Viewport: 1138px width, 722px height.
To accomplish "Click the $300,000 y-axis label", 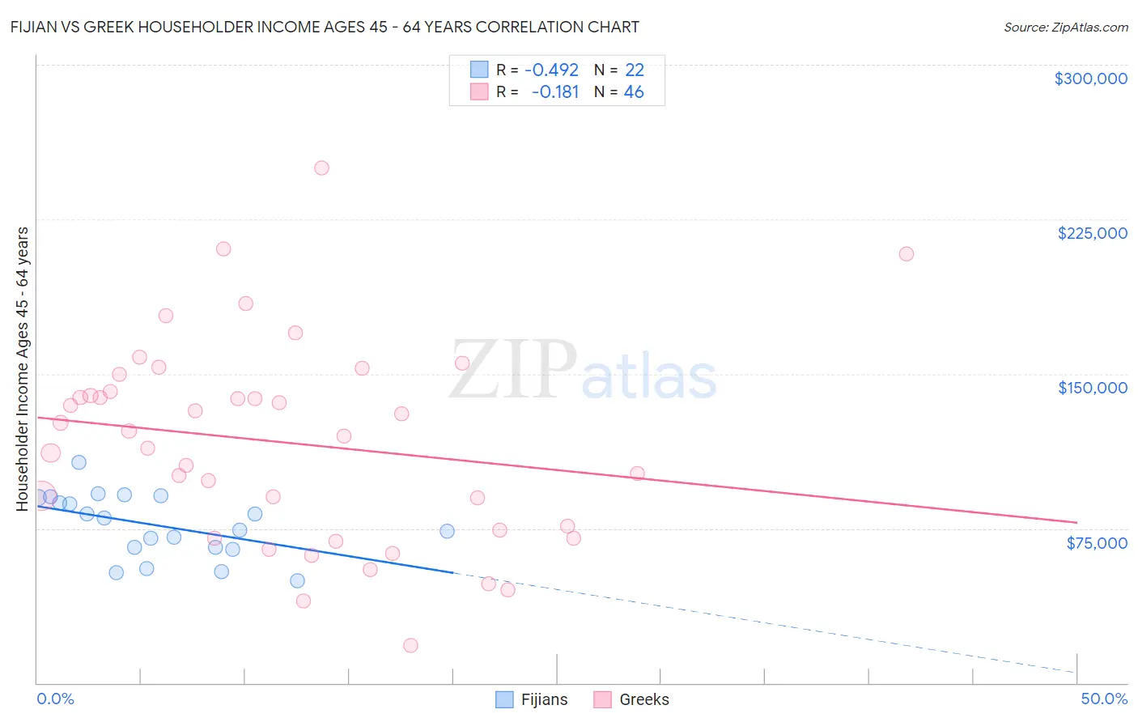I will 1090,79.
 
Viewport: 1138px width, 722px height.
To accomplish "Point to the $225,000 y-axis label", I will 1092,233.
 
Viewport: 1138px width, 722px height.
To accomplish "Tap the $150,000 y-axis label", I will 1092,388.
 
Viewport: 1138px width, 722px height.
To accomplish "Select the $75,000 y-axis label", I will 1096,543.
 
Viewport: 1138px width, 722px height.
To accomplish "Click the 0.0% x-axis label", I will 55,699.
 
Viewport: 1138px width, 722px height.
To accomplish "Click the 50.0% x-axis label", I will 1103,699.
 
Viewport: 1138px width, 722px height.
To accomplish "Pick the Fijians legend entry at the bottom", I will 531,699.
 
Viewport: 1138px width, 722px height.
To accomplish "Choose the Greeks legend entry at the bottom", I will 631,699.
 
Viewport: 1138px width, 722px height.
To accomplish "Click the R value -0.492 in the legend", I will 551,70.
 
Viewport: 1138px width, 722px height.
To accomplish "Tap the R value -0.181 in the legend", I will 554,92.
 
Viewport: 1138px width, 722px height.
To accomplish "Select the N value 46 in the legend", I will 634,92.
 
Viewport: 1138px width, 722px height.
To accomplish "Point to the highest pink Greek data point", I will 321,168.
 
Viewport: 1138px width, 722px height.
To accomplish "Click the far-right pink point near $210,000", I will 906,254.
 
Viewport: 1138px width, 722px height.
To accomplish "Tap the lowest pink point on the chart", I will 410,645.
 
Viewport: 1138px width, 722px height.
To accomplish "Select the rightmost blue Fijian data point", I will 447,531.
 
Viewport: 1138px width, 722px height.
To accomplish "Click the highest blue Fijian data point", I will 79,462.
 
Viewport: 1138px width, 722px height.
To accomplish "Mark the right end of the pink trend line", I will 1076,522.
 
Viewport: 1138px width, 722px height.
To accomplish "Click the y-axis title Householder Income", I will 23,369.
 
